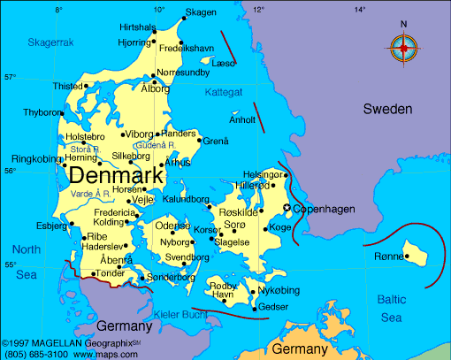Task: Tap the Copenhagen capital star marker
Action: click(x=286, y=208)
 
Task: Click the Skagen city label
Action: click(x=200, y=12)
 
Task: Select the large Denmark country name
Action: click(x=116, y=175)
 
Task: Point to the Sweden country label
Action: click(x=387, y=109)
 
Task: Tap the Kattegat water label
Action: click(x=223, y=91)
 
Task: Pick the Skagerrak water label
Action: click(x=50, y=42)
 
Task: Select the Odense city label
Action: click(x=172, y=226)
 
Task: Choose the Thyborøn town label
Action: click(x=42, y=112)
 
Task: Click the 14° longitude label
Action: click(x=359, y=10)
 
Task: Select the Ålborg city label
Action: click(x=155, y=88)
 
